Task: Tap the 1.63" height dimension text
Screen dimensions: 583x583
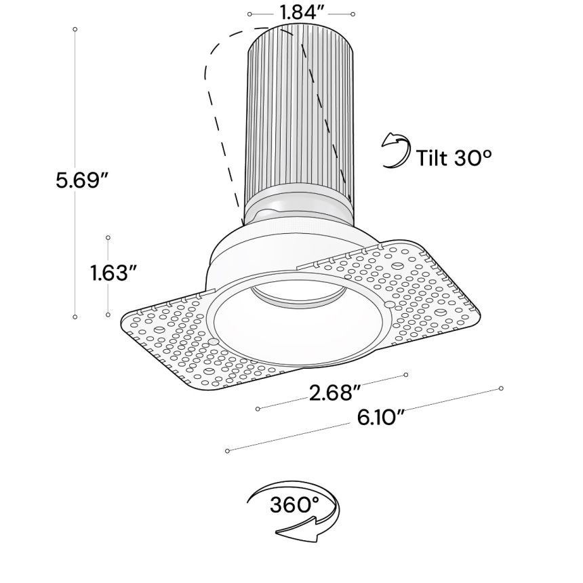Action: [114, 273]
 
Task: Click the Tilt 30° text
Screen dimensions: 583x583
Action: [454, 157]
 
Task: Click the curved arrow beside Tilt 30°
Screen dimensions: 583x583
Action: [395, 150]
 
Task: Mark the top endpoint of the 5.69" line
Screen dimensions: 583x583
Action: [75, 29]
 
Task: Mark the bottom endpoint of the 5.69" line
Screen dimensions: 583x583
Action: [75, 316]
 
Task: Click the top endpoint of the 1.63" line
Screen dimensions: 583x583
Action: [108, 237]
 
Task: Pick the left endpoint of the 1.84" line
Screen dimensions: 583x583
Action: [250, 14]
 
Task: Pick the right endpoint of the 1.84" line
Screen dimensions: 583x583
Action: [353, 14]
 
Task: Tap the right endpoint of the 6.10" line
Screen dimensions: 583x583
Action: [501, 389]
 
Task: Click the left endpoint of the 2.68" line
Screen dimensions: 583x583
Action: [258, 409]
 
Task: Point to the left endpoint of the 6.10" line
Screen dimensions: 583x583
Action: [228, 450]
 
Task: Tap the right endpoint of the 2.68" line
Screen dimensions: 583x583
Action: [406, 374]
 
